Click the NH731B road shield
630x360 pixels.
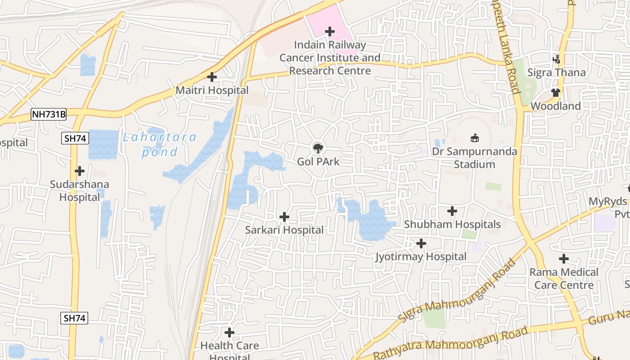click(49, 115)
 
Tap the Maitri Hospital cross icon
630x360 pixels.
click(212, 77)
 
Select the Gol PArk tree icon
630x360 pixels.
click(318, 147)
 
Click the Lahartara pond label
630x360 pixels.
click(160, 144)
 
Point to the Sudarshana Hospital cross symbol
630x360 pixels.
click(80, 171)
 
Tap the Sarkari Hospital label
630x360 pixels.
click(284, 230)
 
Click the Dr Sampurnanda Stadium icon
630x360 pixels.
click(474, 138)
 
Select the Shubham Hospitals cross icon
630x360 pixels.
click(452, 211)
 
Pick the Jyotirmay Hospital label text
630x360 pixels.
click(421, 256)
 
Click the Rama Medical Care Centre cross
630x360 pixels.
click(563, 259)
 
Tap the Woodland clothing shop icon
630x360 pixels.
click(555, 93)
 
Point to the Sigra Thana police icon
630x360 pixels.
click(557, 59)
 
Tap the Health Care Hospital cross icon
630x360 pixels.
click(229, 333)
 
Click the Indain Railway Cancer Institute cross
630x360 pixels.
click(330, 31)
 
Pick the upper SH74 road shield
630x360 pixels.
click(75, 138)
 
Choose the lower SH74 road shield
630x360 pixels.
click(74, 319)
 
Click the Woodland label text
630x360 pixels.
click(555, 106)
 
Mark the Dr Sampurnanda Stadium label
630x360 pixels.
click(474, 157)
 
